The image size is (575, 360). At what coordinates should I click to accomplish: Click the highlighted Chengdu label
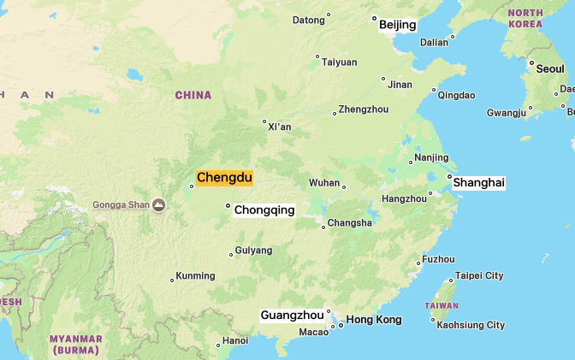coord(224,178)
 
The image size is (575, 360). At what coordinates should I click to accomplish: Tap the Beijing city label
coord(398,25)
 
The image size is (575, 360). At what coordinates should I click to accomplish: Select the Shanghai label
coord(479,183)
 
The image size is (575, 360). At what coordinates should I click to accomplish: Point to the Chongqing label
coord(264,210)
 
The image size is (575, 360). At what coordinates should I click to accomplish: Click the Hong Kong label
coord(374,320)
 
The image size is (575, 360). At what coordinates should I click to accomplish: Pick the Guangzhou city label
coord(292,316)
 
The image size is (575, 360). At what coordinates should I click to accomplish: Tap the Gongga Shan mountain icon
coord(159,204)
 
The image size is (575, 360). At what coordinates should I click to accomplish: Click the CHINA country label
coord(193,95)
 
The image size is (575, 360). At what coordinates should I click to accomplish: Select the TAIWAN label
coord(442,305)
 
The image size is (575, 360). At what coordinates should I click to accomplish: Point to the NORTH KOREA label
coord(525,18)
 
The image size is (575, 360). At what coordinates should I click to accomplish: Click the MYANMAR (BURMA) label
coord(76,345)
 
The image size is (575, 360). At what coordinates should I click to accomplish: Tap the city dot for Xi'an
coord(264,121)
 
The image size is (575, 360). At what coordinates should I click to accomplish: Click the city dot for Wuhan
coord(344,186)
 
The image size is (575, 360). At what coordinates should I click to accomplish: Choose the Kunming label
coord(195,276)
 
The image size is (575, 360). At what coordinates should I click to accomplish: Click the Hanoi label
coord(235,340)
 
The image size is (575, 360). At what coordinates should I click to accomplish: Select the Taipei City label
coord(479,275)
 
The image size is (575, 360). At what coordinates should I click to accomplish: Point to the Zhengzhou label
coord(364,109)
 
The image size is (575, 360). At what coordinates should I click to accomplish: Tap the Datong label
coord(309,20)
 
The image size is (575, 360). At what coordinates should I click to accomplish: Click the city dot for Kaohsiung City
coord(433,321)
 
